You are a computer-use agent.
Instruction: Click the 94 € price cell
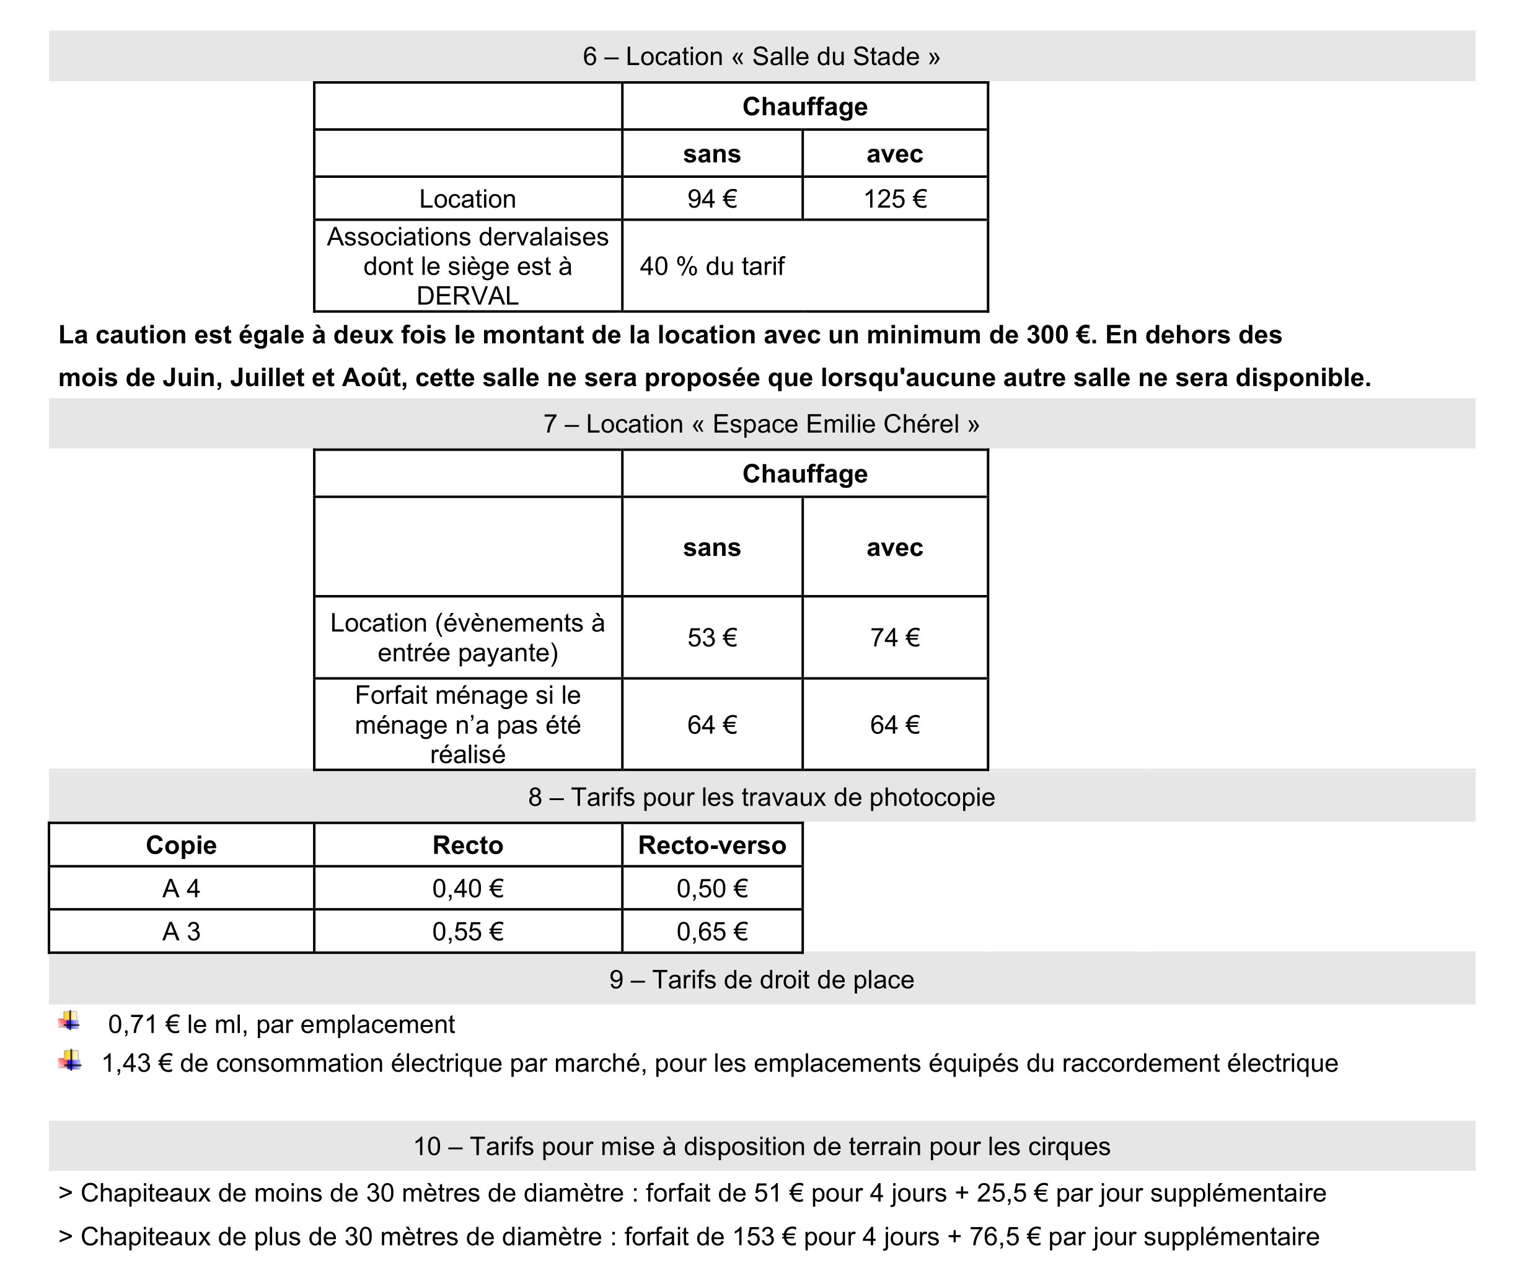click(711, 199)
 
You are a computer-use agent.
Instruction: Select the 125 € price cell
click(894, 199)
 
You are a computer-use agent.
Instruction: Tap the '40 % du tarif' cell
click(711, 266)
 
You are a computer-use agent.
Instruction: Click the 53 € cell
click(711, 638)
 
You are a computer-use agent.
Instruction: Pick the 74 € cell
click(894, 638)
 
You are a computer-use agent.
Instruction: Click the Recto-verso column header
click(711, 845)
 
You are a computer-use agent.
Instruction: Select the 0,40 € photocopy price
click(468, 889)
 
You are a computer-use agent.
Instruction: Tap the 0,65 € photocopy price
click(711, 931)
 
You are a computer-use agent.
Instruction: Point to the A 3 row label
click(181, 931)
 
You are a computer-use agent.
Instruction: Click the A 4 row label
click(181, 889)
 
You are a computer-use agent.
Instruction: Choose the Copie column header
click(181, 845)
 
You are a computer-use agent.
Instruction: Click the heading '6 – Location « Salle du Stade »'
click(761, 56)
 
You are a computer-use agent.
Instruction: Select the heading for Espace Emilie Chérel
click(761, 424)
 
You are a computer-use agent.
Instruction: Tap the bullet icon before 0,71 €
click(69, 1021)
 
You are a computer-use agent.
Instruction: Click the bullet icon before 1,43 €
click(69, 1060)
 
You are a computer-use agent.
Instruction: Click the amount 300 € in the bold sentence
click(1057, 335)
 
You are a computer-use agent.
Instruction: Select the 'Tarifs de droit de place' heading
click(761, 979)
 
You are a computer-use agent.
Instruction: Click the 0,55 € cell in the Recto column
click(468, 931)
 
